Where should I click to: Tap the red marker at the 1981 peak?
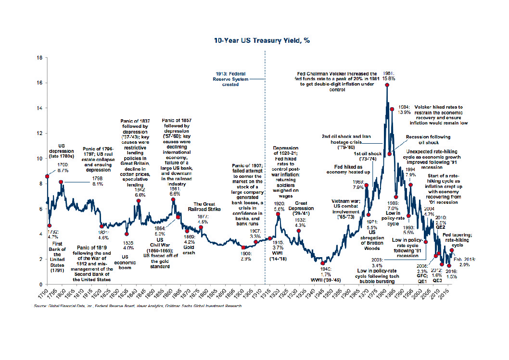point(387,85)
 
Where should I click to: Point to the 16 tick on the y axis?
point(39,83)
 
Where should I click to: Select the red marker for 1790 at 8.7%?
point(47,176)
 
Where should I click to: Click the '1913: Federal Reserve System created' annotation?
point(234,78)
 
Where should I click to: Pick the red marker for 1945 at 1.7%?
point(323,263)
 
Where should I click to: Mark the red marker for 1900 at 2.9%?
point(243,248)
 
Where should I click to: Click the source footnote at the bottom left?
point(138,306)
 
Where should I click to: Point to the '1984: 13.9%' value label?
point(404,110)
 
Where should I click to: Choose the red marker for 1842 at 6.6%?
point(139,201)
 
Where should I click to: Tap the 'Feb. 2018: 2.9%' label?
point(464,262)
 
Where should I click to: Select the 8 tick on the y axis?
point(39,183)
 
